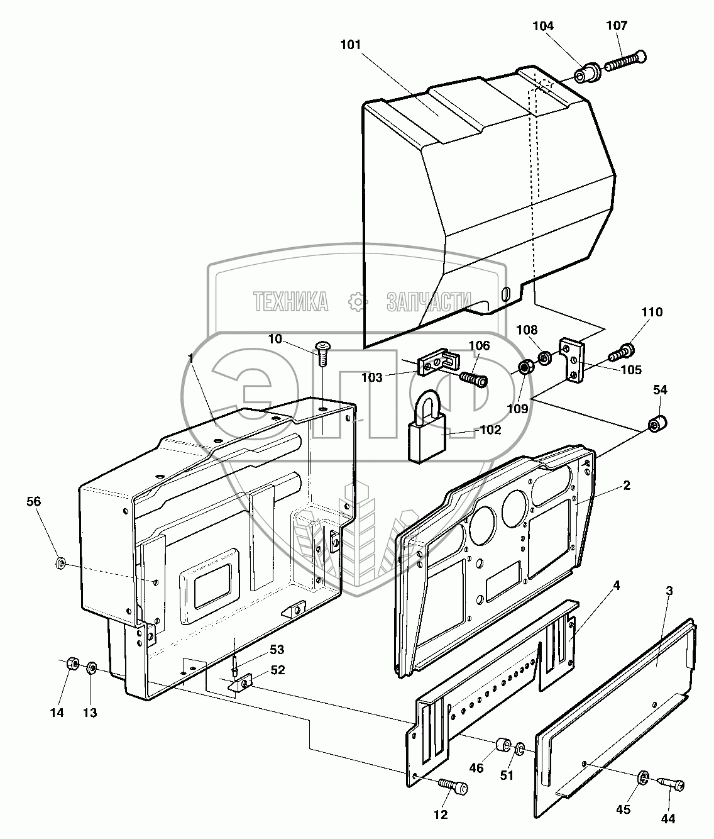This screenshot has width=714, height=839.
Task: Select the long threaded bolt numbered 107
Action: tap(625, 62)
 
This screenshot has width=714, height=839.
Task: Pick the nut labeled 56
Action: tap(61, 562)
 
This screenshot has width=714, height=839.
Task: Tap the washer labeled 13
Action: tap(91, 667)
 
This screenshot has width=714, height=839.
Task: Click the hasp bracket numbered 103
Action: tap(437, 364)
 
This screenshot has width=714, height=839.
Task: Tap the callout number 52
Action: tap(277, 670)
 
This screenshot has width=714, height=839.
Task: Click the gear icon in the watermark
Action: tap(358, 302)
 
